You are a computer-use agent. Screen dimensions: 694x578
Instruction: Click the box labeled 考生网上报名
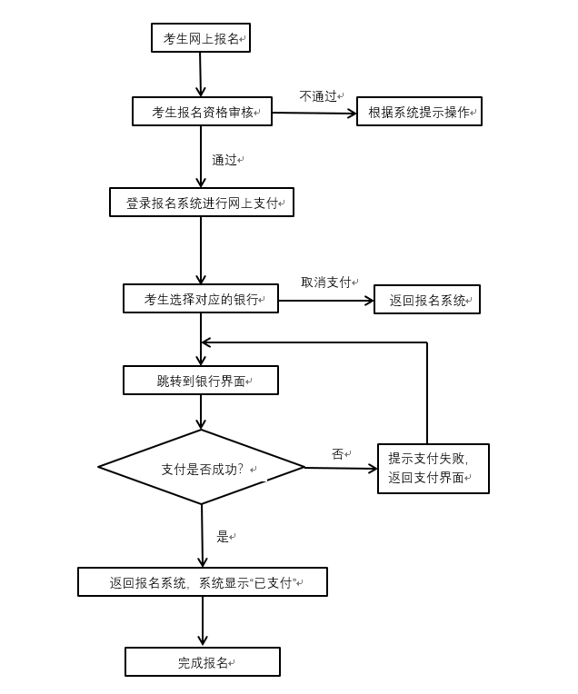click(200, 38)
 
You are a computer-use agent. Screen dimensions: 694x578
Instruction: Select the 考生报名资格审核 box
click(202, 112)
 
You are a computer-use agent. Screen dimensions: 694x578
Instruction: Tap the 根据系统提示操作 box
click(419, 112)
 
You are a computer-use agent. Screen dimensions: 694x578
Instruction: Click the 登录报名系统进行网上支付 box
click(202, 203)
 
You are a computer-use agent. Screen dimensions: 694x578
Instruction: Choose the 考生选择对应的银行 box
click(201, 299)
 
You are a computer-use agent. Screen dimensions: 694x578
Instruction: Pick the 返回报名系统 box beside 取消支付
click(427, 300)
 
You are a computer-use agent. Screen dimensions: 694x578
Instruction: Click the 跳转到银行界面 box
click(201, 381)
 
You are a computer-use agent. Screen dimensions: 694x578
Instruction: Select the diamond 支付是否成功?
click(202, 468)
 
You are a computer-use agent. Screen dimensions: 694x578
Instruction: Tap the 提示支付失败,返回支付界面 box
click(433, 469)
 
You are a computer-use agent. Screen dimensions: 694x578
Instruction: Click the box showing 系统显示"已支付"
click(202, 582)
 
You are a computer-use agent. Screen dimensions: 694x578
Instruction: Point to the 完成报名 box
click(203, 662)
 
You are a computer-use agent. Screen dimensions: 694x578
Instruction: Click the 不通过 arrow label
click(318, 95)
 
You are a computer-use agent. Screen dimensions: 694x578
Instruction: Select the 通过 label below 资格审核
click(224, 160)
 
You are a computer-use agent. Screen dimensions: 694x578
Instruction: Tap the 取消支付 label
click(326, 283)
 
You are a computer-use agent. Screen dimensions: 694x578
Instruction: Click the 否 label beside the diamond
click(337, 454)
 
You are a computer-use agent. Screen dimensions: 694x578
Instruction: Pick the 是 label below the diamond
click(223, 537)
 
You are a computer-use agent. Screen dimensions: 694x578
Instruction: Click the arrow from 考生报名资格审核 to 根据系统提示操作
click(314, 113)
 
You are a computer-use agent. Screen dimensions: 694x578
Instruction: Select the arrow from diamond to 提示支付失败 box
click(341, 469)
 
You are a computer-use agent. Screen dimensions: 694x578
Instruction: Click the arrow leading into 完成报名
click(203, 622)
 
